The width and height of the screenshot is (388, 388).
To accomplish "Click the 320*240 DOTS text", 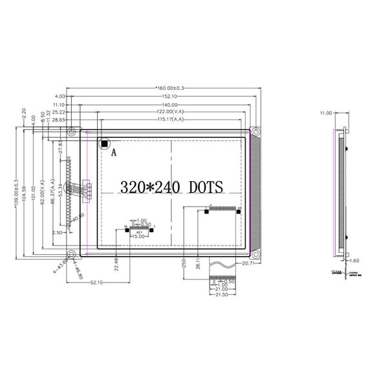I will (171, 188).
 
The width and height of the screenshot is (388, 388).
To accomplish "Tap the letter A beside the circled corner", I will (114, 153).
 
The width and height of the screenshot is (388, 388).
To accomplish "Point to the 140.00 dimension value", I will (170, 104).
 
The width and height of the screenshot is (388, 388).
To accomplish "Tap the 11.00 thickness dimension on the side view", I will (325, 113).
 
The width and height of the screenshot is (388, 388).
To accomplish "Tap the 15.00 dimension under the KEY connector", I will (137, 237).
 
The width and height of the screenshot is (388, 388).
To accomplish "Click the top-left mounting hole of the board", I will (72, 132).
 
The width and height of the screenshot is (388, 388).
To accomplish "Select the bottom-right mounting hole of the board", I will (255, 253).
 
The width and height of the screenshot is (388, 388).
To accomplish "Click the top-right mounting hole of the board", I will (256, 132).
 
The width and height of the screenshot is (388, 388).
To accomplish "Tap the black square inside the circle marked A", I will (103, 143).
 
